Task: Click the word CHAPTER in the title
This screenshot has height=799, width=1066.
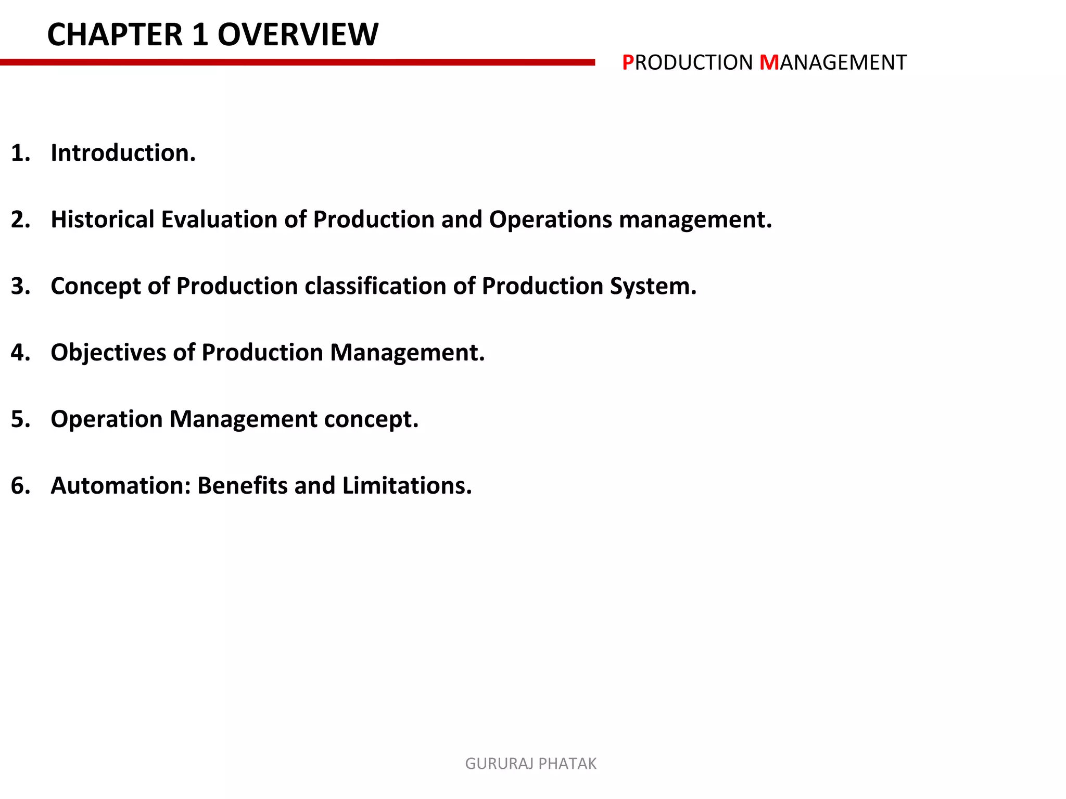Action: point(115,35)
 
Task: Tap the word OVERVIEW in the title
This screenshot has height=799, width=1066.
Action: point(298,35)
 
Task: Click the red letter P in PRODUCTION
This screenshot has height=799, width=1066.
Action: point(628,63)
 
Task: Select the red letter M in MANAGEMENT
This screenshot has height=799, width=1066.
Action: point(769,63)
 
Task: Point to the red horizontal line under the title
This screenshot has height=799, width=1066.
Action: point(297,62)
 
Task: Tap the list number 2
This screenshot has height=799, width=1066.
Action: point(20,220)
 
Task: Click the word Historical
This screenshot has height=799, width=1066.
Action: point(103,220)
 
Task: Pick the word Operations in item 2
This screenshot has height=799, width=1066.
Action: point(550,220)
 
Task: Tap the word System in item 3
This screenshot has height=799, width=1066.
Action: point(650,286)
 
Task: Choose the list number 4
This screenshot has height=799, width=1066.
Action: point(20,353)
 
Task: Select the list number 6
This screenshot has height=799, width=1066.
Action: point(20,486)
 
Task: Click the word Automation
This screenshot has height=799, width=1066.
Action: point(121,486)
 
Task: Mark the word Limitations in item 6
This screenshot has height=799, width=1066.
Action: point(407,486)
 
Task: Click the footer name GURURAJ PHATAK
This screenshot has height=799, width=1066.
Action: point(530,764)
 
